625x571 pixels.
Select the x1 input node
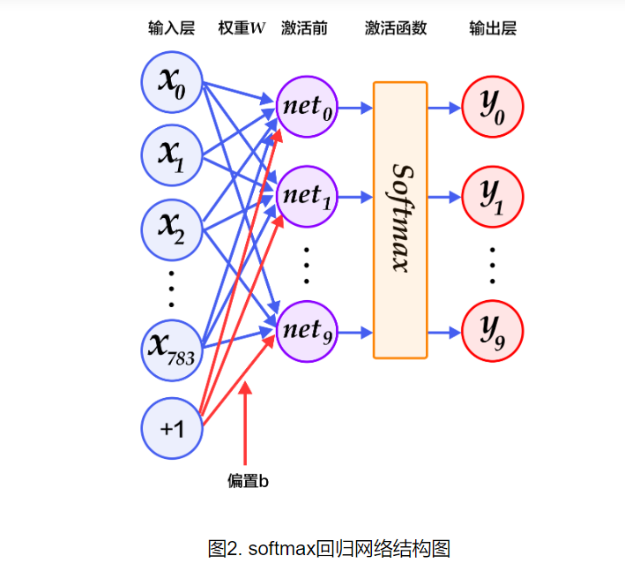point(172,154)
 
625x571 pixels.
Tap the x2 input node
point(172,227)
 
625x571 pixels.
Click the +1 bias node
point(172,428)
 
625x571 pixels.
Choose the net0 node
point(308,109)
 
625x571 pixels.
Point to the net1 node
point(308,195)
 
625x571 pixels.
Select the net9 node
point(308,331)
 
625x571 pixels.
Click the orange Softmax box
point(399,220)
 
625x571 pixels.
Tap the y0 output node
point(493,108)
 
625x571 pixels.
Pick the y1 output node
point(493,196)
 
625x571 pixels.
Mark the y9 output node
point(493,332)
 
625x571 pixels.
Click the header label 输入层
point(171,28)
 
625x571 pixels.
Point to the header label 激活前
point(304,28)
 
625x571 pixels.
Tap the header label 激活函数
point(396,28)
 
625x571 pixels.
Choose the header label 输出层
point(493,28)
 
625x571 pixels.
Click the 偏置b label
point(247,481)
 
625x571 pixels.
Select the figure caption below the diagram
point(329,549)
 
